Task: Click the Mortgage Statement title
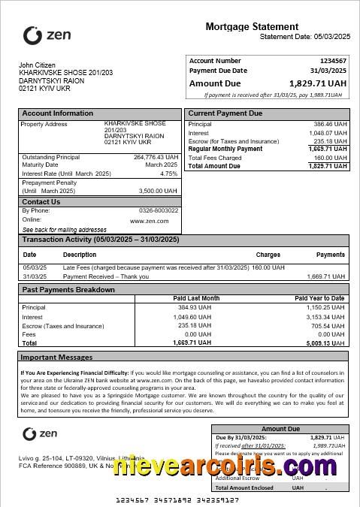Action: click(252, 26)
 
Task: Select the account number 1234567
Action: click(333, 61)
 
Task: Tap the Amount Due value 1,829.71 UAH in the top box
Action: click(318, 84)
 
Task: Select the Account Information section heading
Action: click(58, 113)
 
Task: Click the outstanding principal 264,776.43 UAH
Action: click(156, 157)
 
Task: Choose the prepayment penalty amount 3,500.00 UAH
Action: click(159, 191)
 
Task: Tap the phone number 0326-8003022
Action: click(159, 210)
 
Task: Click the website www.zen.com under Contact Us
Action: click(149, 221)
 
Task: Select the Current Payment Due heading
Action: click(225, 113)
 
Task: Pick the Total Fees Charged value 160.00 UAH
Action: click(331, 158)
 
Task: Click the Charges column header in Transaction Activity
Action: click(268, 255)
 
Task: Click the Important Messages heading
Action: click(56, 358)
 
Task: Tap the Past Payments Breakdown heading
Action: click(68, 289)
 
